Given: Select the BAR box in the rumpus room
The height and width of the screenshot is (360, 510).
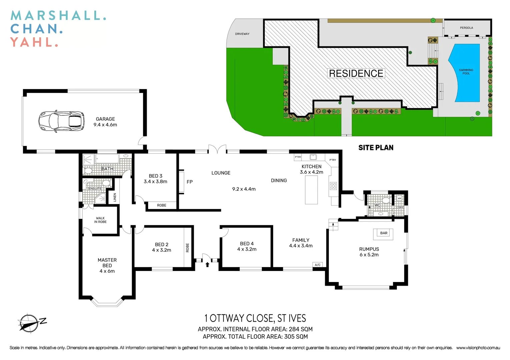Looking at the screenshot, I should [384, 233].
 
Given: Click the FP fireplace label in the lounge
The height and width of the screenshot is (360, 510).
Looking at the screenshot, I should [189, 182].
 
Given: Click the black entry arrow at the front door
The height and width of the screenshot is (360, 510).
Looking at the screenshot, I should [207, 265].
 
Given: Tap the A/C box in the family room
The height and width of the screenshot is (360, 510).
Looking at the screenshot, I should [318, 265].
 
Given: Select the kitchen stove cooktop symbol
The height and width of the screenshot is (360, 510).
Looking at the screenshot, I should [333, 186].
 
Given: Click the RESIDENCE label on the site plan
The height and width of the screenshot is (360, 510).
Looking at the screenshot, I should [356, 74].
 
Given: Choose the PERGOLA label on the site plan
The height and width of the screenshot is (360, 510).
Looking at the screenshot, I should [466, 28].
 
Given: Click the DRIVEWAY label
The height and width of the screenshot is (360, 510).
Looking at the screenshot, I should [242, 34].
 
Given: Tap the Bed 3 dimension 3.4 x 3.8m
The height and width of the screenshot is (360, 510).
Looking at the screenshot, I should [155, 182].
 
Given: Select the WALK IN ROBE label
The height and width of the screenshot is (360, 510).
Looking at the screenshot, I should [100, 220].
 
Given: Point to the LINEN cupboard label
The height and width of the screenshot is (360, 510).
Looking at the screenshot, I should [115, 197].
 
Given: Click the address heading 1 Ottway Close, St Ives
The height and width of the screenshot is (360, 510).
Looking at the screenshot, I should [255, 318].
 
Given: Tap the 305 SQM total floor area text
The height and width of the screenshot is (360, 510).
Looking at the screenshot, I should [296, 337].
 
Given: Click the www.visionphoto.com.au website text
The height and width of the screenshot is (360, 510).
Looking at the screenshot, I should [478, 348].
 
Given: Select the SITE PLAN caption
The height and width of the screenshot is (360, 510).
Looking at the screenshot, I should [376, 148].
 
